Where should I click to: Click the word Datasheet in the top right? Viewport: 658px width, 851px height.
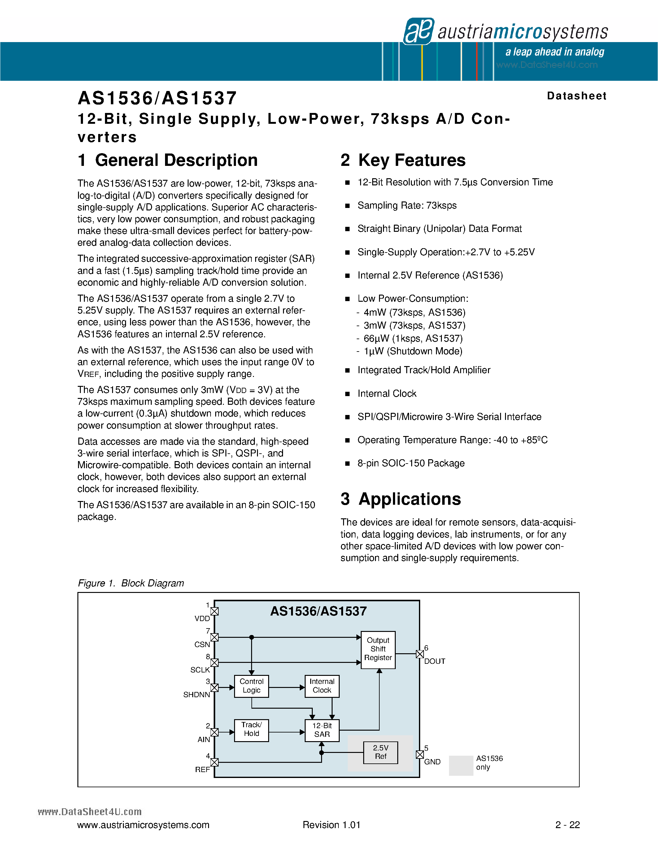pos(577,96)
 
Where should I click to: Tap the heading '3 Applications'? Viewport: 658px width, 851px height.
pos(401,499)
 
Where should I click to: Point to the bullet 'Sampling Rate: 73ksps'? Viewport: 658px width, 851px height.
pos(407,205)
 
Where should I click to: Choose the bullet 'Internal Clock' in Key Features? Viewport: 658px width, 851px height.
pos(387,394)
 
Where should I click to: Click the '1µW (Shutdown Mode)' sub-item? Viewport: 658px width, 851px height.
pos(412,351)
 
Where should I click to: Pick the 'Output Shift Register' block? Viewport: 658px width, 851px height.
pos(378,650)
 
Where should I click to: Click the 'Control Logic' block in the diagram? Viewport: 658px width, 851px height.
pos(251,686)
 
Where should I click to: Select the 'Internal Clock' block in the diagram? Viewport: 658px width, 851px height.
pos(322,686)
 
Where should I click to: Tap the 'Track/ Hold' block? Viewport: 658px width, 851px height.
pos(251,730)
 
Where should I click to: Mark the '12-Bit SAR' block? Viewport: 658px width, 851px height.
pos(322,730)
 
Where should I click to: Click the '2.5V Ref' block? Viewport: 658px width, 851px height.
pos(381,752)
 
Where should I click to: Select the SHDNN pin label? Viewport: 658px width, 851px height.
pos(196,694)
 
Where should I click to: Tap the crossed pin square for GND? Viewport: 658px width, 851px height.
pos(420,754)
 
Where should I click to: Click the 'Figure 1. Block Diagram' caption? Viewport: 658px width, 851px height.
pos(131,583)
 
